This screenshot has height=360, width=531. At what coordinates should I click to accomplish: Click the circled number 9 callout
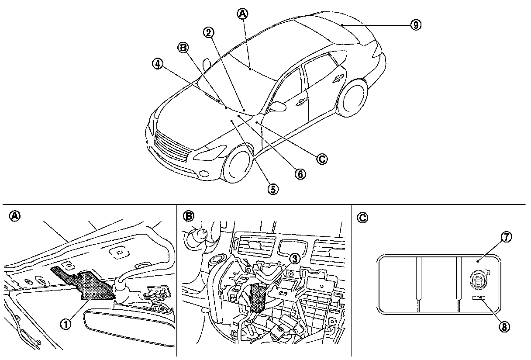tap(415, 25)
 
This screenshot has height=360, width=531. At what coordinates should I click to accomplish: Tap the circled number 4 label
tap(158, 63)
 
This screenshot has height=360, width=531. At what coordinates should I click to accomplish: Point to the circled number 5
tap(273, 189)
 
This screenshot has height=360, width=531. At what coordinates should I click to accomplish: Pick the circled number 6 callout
tap(300, 173)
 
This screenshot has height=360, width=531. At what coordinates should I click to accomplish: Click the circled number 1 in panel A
tap(66, 324)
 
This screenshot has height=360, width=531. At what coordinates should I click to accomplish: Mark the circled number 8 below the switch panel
tap(505, 327)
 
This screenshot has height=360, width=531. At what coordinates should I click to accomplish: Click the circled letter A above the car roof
tap(242, 14)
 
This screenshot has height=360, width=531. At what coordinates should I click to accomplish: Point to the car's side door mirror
tap(277, 106)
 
